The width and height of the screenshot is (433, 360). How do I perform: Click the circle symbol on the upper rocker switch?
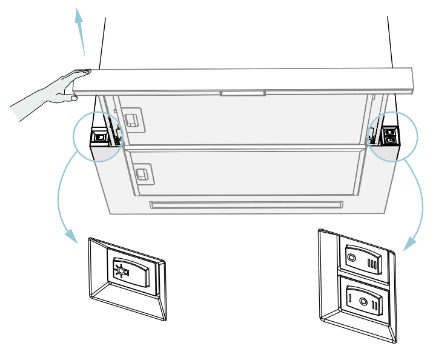point(351,258)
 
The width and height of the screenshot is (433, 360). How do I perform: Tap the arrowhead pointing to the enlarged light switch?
point(71,236)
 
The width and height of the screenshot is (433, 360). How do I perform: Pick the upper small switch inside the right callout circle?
point(390,131)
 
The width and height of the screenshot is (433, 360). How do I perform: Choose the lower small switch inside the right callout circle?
point(390,140)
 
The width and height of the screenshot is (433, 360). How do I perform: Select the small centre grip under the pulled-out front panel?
point(243,94)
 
